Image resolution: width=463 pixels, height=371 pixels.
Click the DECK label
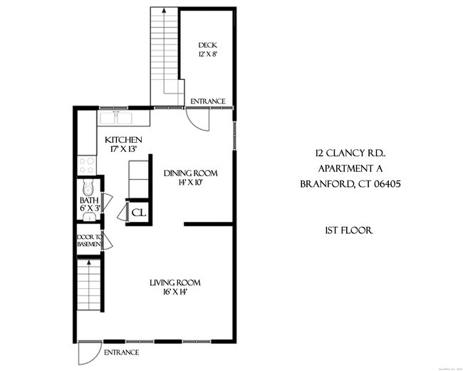tap(207, 45)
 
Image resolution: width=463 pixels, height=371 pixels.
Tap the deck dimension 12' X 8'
tap(207, 54)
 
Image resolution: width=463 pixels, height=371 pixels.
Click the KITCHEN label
tap(124, 140)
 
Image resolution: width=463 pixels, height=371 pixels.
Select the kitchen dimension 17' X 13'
tap(124, 149)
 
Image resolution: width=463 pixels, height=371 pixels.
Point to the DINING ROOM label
tap(190, 173)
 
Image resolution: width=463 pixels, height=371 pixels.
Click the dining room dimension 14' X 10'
tap(190, 183)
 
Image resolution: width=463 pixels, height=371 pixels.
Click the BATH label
tap(89, 201)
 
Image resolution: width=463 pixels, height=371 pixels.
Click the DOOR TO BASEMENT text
tap(90, 240)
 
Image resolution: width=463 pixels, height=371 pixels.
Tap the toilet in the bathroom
tap(88, 188)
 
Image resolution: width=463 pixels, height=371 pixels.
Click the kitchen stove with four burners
tap(87, 166)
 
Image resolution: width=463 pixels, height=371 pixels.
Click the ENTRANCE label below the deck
tap(207, 101)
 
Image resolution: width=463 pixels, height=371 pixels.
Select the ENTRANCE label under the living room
tap(122, 352)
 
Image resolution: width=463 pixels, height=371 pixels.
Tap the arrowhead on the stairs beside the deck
tap(164, 11)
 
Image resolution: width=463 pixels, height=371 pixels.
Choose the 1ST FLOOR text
tap(348, 231)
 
